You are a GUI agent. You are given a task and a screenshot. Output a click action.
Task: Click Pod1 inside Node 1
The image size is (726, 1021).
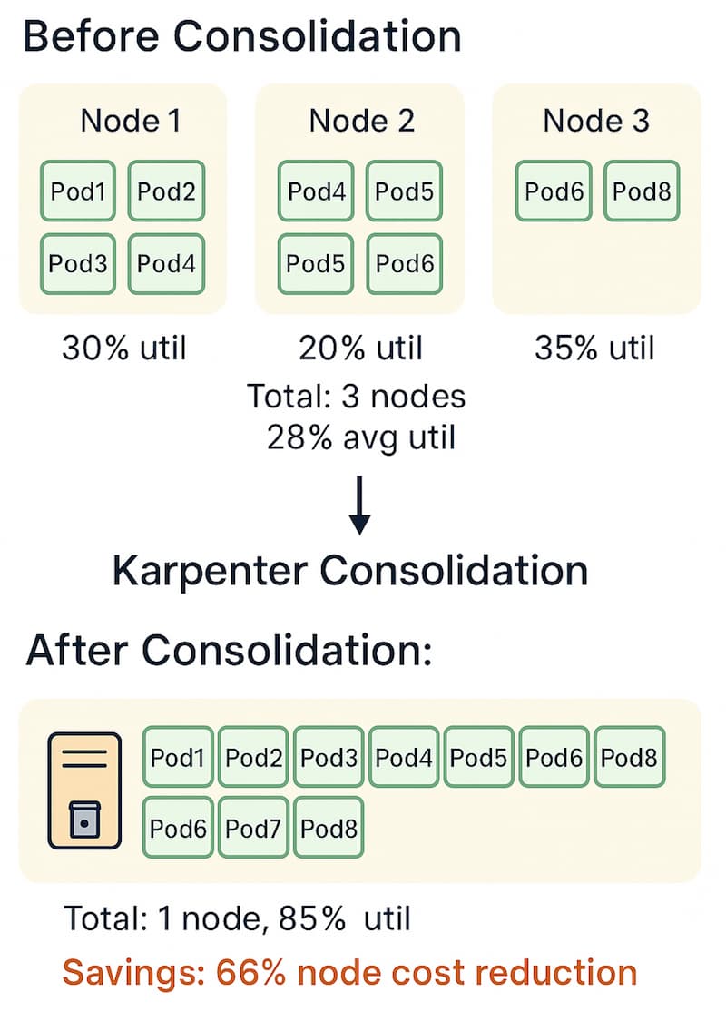pos(77,191)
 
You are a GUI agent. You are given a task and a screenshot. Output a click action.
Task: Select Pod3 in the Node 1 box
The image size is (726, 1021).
pos(77,263)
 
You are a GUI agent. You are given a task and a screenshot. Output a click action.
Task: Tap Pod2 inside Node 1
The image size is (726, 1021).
pos(166,191)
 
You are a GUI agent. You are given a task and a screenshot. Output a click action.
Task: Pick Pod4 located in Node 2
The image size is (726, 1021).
pos(315,191)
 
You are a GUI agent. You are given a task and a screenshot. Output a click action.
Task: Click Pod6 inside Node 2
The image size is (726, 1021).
pos(404,263)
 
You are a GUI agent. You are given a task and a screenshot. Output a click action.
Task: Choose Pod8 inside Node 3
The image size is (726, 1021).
pos(642,191)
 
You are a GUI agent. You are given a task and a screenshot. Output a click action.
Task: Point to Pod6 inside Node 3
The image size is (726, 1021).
pos(554,191)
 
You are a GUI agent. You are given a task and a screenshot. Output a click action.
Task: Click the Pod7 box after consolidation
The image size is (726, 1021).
pos(254,828)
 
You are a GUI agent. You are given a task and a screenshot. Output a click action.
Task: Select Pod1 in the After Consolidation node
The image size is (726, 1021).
pos(178,757)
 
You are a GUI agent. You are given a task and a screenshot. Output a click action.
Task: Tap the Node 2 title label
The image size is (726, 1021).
pos(361,121)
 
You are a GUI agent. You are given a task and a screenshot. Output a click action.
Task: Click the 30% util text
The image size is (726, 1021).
pos(123,348)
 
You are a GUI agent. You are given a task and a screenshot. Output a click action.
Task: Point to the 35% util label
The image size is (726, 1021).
pos(595,348)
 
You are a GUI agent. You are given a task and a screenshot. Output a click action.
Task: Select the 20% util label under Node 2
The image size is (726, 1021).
pos(361,348)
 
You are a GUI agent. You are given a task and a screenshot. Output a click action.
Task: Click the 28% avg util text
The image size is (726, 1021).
pos(361,437)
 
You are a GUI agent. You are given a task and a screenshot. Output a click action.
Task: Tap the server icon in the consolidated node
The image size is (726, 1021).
pos(83,790)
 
